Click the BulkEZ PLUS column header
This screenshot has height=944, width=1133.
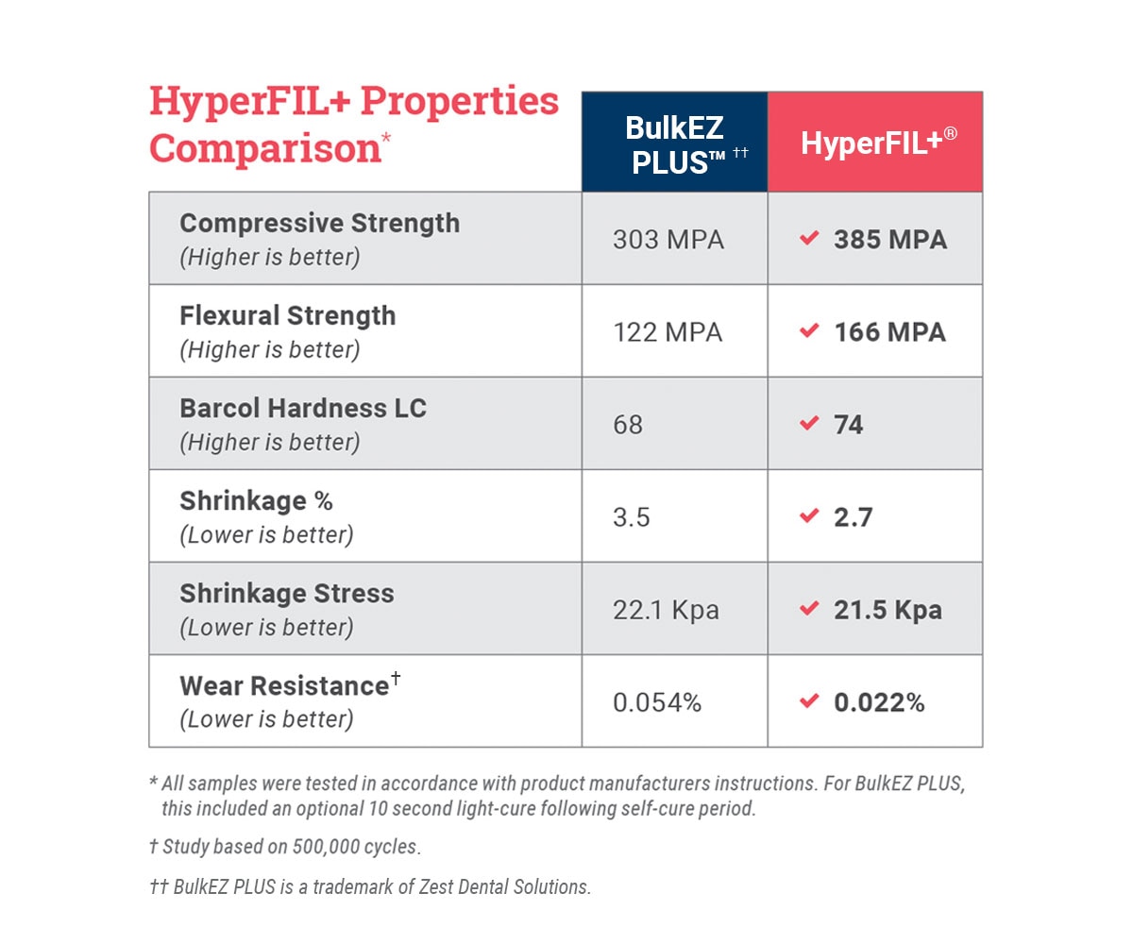coord(674,143)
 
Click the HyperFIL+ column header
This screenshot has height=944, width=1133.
coord(878,143)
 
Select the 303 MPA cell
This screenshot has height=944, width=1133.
coord(668,240)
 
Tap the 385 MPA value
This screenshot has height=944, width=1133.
coord(889,240)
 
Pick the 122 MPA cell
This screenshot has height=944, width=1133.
coord(668,332)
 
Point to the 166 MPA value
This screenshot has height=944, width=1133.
coord(889,332)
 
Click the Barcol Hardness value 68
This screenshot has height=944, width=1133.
coord(628,425)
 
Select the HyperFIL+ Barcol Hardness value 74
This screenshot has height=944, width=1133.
coord(848,425)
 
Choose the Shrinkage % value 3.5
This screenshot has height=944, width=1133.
coord(632,517)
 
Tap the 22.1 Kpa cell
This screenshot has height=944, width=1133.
coord(666,610)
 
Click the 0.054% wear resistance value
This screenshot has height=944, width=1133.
coord(657,702)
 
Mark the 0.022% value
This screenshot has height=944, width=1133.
coord(879,702)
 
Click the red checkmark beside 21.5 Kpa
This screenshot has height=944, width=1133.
coord(808,609)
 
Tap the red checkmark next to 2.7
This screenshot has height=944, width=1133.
coord(808,516)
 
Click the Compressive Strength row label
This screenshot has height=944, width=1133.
coord(319,224)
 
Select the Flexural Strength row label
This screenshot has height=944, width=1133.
coord(287,316)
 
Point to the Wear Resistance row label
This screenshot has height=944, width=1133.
coord(283,686)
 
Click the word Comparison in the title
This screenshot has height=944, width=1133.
coord(264,149)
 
